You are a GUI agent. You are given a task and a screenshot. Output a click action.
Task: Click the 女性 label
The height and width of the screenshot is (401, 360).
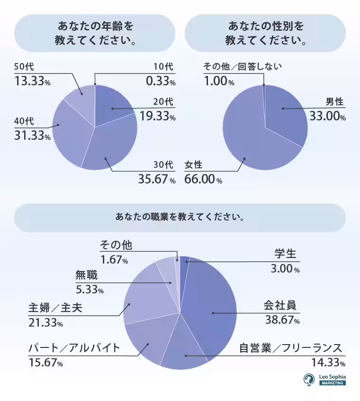(194, 165)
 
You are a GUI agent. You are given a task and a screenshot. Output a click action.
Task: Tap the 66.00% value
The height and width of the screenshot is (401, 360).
(203, 180)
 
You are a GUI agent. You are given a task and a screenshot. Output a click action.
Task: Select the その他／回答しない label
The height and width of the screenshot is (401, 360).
(242, 66)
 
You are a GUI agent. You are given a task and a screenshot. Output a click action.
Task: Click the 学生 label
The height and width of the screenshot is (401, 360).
(286, 254)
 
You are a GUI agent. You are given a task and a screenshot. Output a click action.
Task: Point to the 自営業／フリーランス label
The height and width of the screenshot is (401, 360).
(290, 348)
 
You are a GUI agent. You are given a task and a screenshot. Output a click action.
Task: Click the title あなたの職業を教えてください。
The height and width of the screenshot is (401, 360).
(180, 218)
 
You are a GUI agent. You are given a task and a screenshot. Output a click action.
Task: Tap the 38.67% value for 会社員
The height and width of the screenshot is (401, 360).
(282, 320)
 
